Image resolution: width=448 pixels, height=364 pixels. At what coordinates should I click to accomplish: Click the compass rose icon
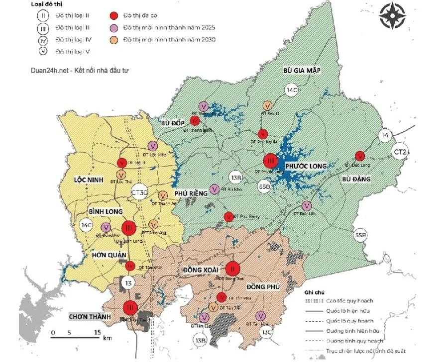click(x=392, y=16)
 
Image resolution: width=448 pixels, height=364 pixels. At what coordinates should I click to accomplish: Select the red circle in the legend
click(x=114, y=15)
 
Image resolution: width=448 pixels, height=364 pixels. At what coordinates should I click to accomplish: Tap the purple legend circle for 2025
click(x=114, y=27)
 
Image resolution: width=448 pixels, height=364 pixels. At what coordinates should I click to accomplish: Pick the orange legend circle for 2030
click(x=114, y=39)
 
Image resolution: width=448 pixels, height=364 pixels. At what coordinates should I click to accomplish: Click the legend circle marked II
click(x=43, y=15)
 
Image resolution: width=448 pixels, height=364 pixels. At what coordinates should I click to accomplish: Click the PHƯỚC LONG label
click(x=306, y=166)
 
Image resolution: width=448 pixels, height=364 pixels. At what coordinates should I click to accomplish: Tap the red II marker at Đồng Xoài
click(x=232, y=269)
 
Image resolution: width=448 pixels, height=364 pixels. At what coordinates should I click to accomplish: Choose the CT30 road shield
click(x=139, y=192)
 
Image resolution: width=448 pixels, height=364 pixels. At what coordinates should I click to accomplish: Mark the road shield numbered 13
click(x=129, y=283)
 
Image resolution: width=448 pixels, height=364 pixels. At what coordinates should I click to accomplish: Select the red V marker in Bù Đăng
click(x=358, y=156)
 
